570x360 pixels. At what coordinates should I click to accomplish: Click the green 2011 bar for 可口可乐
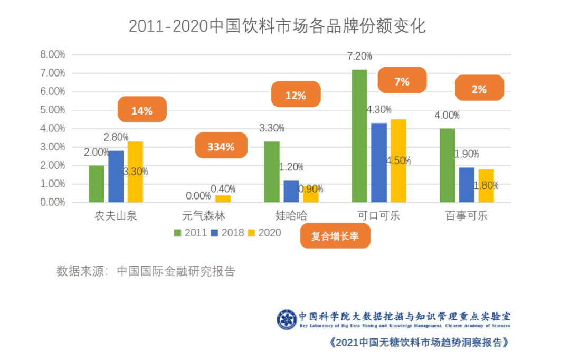point(359,136)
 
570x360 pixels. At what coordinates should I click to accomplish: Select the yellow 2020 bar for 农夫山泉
point(135,172)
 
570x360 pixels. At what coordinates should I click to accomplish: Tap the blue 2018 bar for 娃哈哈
point(291,191)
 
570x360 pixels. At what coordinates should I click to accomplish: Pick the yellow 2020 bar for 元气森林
point(223,199)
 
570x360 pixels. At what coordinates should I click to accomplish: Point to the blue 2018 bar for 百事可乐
point(467,185)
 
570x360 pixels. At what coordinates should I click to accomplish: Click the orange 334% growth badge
point(221,147)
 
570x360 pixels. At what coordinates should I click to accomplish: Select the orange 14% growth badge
point(142,111)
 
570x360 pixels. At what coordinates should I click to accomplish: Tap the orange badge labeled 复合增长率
point(335,236)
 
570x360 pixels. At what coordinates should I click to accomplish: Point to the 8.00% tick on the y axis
point(53,54)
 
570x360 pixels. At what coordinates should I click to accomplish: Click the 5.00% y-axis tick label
point(53,110)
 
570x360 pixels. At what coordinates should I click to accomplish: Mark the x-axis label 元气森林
point(203,216)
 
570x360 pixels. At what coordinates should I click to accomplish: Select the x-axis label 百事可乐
point(466,216)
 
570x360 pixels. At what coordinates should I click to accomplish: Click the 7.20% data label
point(359,56)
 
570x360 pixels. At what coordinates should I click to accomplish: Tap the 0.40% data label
point(223,189)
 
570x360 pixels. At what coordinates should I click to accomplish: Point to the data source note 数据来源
point(146,271)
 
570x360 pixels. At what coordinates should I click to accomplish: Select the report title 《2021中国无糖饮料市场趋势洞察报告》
point(419,342)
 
